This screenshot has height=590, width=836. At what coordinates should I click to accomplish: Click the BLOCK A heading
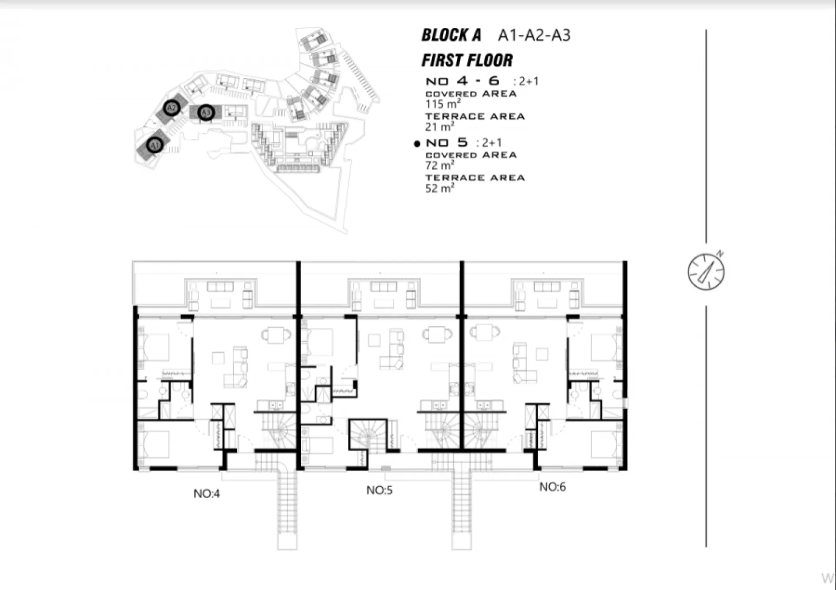click(x=451, y=35)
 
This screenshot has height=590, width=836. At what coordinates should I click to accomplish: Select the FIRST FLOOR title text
click(x=467, y=60)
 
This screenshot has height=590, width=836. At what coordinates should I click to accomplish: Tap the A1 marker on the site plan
click(x=155, y=145)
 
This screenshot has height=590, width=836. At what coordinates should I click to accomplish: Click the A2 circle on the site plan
click(x=172, y=108)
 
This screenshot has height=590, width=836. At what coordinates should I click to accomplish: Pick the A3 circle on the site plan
click(x=206, y=113)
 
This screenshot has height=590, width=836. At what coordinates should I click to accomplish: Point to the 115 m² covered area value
click(x=443, y=104)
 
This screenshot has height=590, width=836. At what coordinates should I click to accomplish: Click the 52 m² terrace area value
click(x=440, y=188)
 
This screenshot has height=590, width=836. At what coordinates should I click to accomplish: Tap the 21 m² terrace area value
click(x=439, y=127)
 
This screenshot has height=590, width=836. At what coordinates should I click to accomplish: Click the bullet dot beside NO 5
click(x=417, y=143)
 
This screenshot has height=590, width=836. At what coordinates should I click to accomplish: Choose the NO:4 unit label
click(x=207, y=493)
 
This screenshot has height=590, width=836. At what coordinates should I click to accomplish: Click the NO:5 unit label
click(x=379, y=490)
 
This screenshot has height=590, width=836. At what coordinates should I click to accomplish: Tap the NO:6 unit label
click(x=553, y=486)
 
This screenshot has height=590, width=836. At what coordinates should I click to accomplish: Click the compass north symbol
click(x=706, y=272)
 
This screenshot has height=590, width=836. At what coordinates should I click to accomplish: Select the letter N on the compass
click(x=720, y=253)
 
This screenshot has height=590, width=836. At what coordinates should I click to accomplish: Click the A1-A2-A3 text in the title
click(x=534, y=35)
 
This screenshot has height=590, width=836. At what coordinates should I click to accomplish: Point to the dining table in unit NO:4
click(x=276, y=335)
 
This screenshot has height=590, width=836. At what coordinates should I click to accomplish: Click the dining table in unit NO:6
click(x=484, y=333)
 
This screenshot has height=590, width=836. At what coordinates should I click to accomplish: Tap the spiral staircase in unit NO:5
click(x=368, y=435)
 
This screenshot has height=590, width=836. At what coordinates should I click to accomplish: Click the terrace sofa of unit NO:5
click(x=384, y=287)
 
